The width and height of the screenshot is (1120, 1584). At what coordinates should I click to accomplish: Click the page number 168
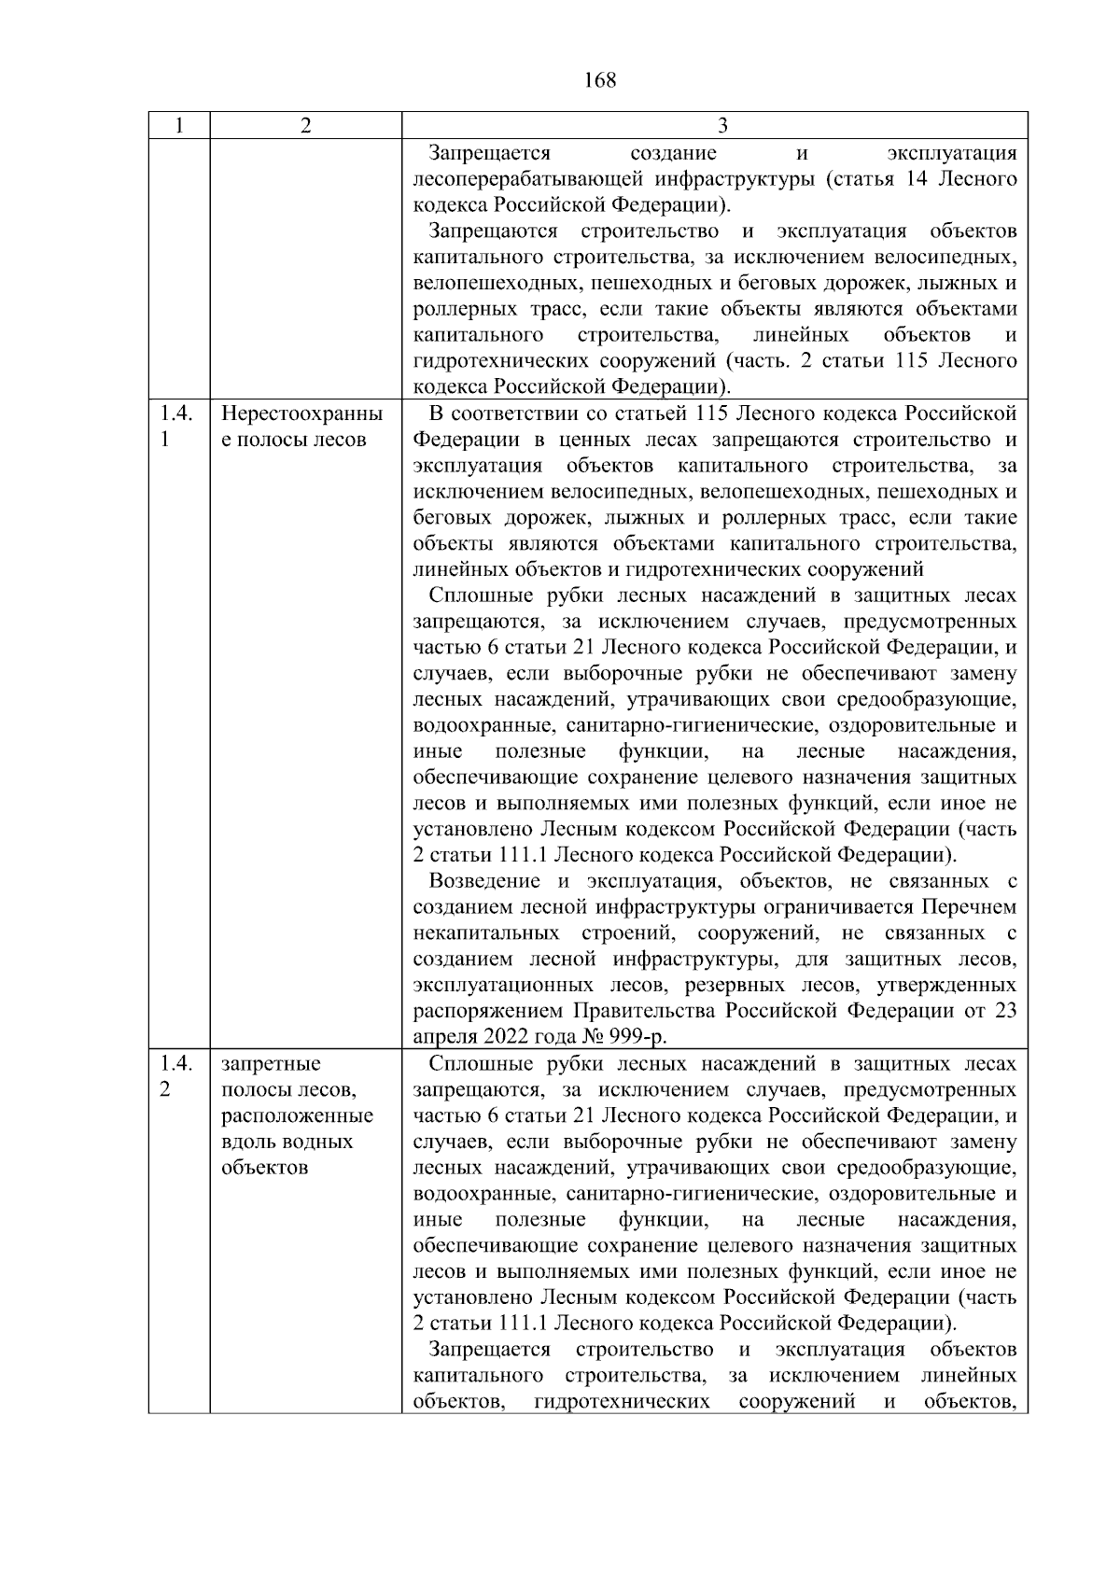(599, 80)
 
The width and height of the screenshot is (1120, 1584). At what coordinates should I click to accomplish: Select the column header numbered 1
(178, 126)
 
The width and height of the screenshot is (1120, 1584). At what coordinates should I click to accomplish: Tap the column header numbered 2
(305, 126)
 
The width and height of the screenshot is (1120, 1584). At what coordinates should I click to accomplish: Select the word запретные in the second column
(271, 1064)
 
